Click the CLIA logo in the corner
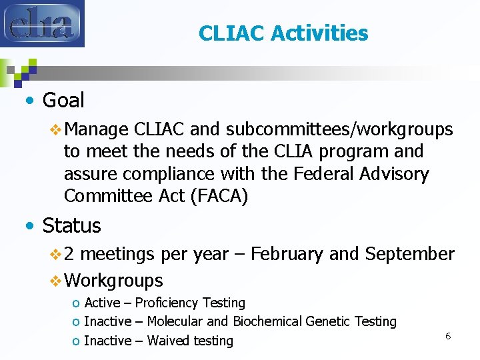(42, 23)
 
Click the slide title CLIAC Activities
(283, 33)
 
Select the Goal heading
(63, 101)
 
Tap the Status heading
(71, 226)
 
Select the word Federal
(315, 174)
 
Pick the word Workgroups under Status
(114, 280)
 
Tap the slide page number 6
(448, 336)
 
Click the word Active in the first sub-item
(102, 303)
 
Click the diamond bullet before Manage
(56, 129)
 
